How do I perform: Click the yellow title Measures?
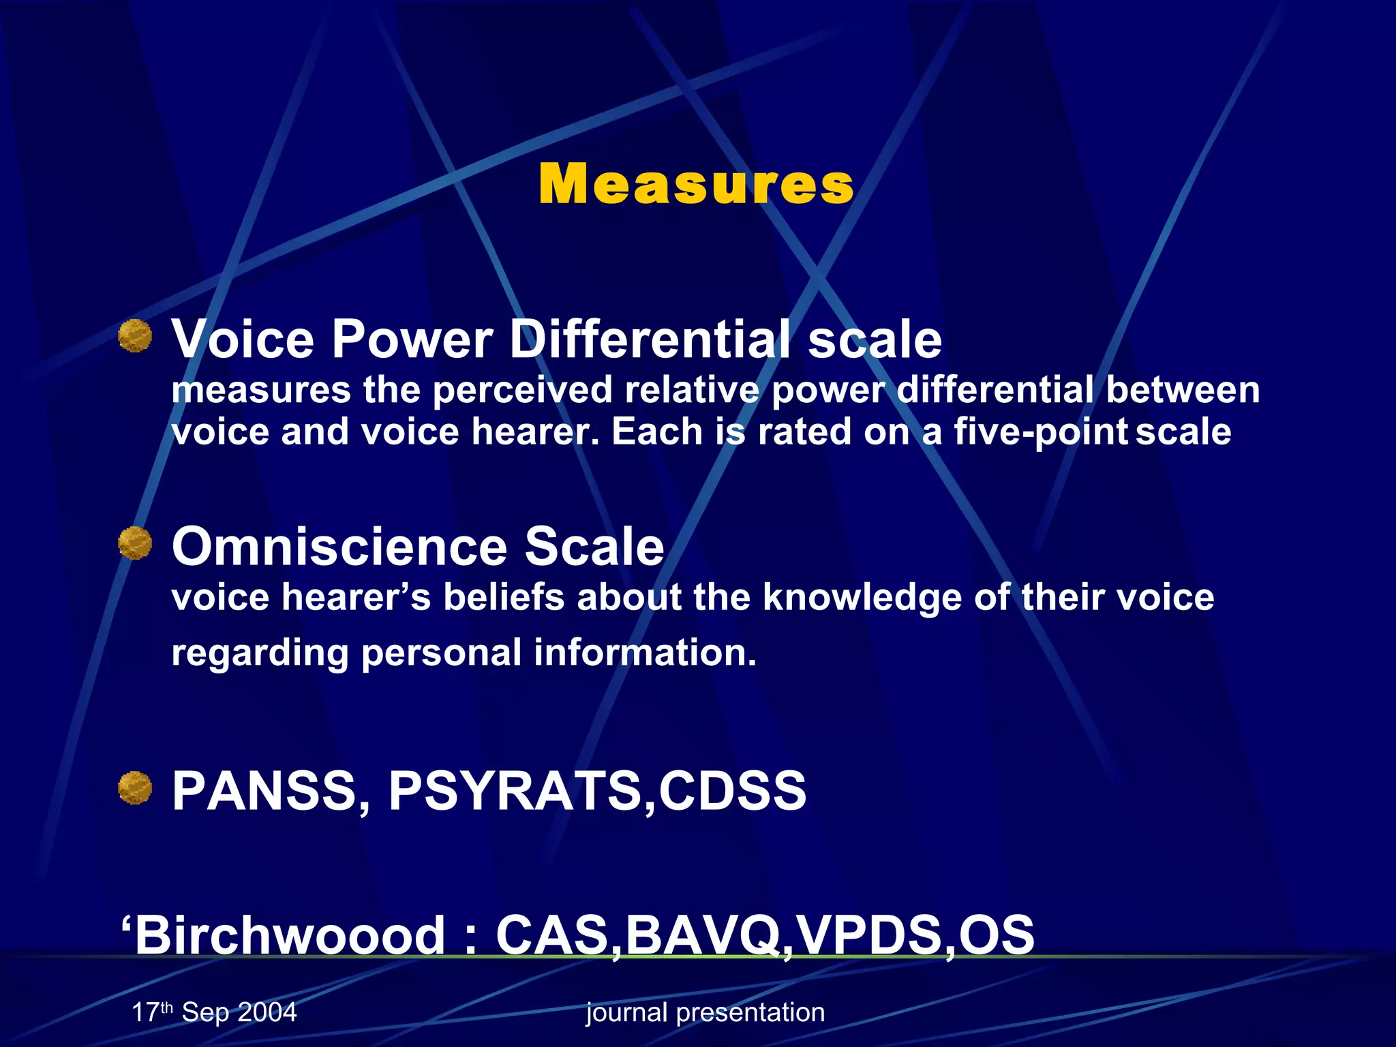click(x=696, y=185)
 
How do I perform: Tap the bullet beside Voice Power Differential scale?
click(x=135, y=336)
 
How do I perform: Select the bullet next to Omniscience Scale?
click(x=135, y=543)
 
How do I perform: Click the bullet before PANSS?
click(x=135, y=788)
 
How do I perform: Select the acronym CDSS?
click(x=732, y=791)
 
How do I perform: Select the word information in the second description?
click(x=644, y=653)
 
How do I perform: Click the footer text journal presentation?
click(x=705, y=1013)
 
